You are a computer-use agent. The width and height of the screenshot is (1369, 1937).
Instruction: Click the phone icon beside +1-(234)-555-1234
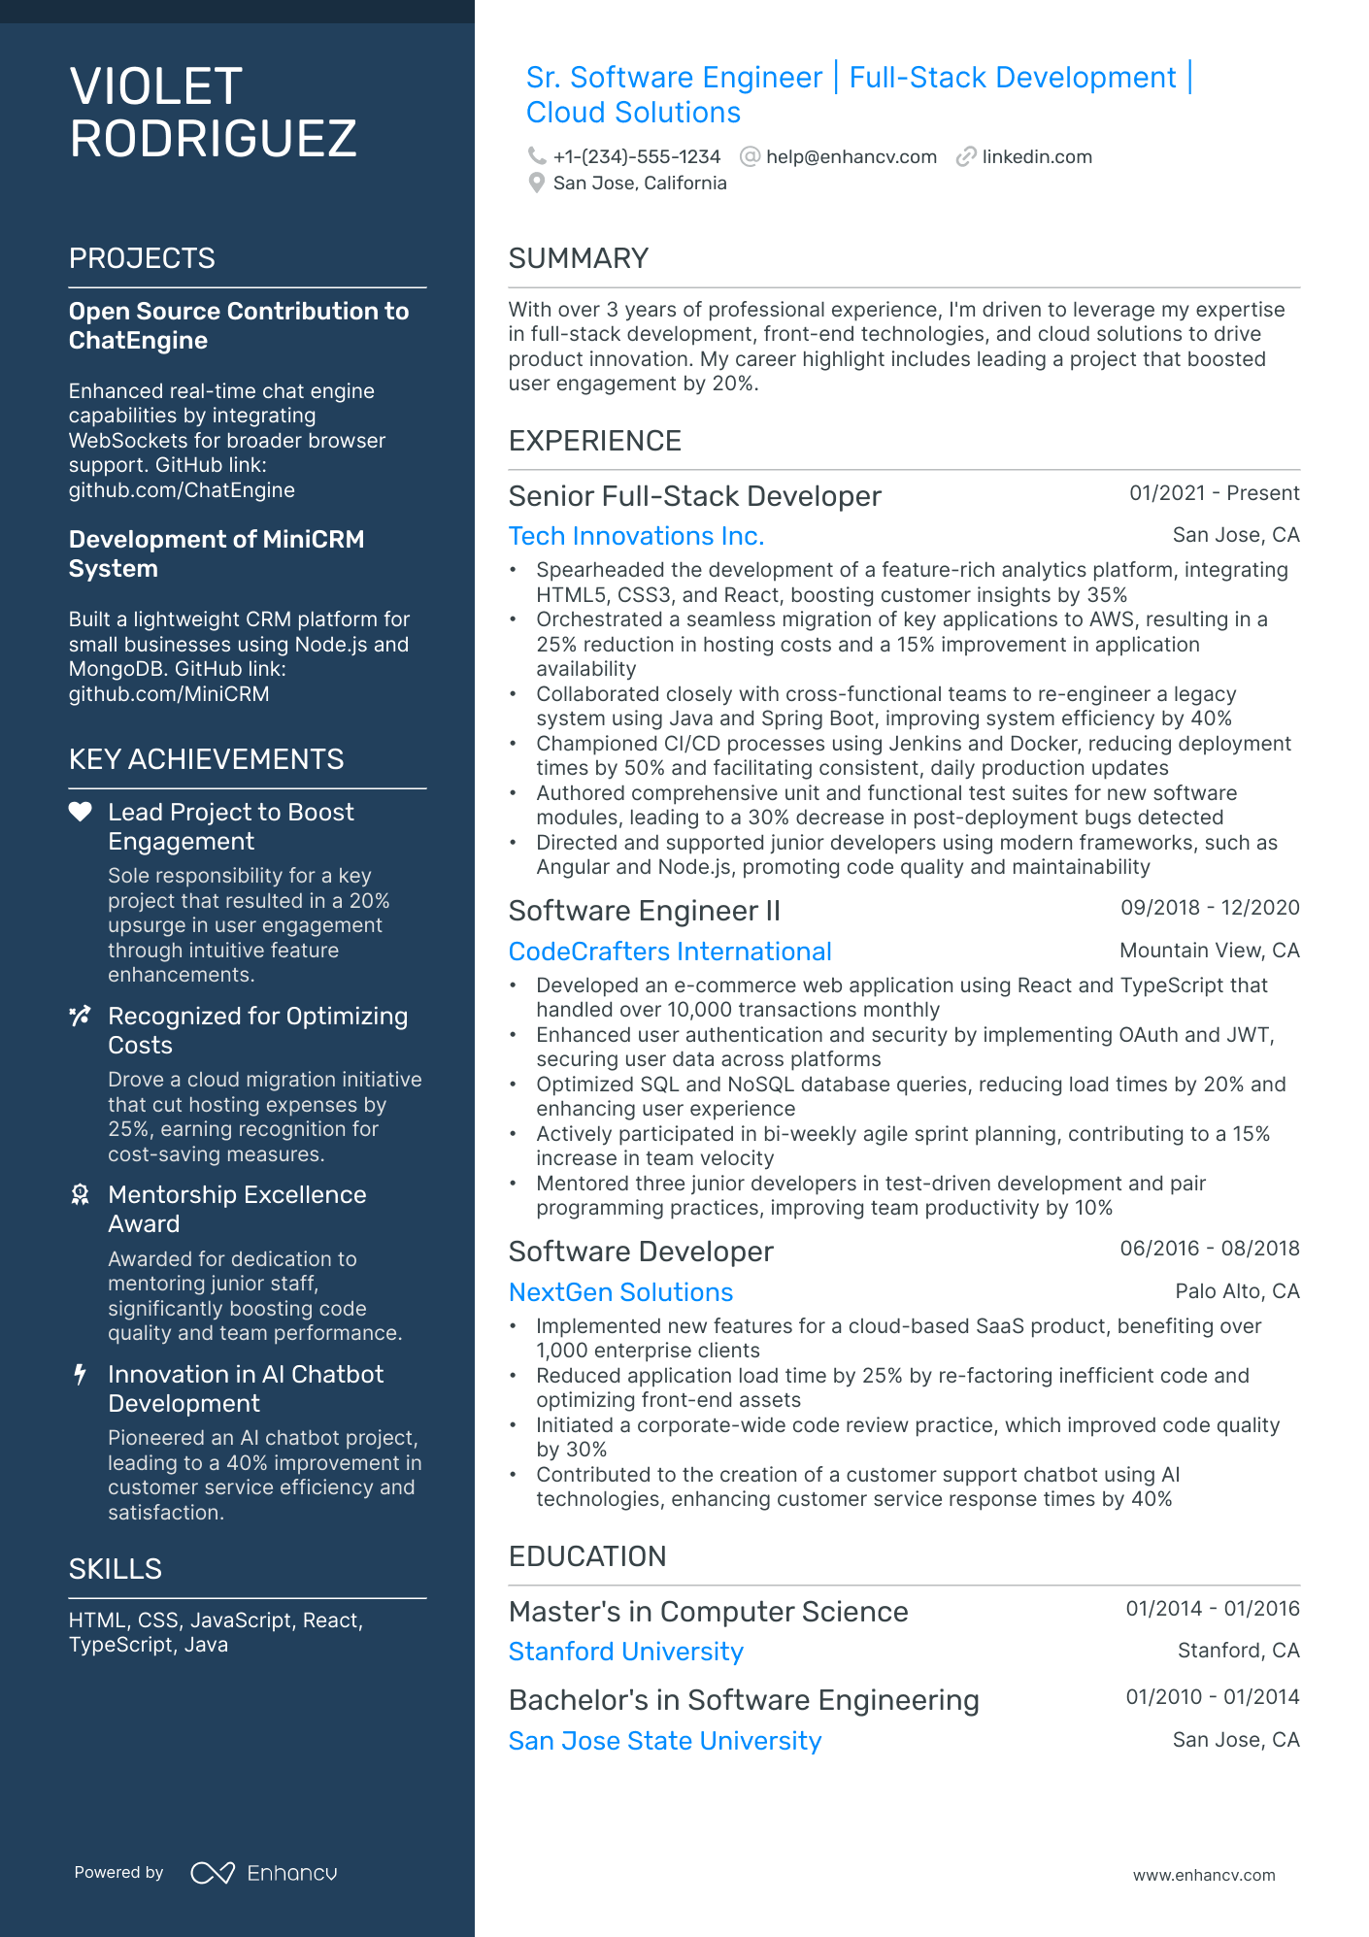pyautogui.click(x=536, y=156)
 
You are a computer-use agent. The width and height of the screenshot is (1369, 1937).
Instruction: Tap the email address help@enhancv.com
pyautogui.click(x=851, y=157)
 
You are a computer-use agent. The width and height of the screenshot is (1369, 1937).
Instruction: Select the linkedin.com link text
pyautogui.click(x=1036, y=157)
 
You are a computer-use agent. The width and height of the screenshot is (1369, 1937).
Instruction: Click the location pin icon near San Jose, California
pyautogui.click(x=536, y=183)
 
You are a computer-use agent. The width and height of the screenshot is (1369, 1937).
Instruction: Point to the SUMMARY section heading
pyautogui.click(x=578, y=258)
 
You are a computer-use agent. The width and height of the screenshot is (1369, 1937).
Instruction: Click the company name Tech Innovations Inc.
pyautogui.click(x=636, y=536)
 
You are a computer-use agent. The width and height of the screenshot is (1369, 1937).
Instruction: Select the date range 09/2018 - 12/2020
pyautogui.click(x=1209, y=908)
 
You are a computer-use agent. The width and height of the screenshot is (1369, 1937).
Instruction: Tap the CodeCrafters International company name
pyautogui.click(x=670, y=952)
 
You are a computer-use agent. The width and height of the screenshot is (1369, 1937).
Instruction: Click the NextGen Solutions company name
pyautogui.click(x=620, y=1292)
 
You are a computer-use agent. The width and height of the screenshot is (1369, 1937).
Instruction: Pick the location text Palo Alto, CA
pyautogui.click(x=1236, y=1291)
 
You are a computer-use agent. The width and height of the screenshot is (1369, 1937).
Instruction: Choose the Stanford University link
pyautogui.click(x=625, y=1652)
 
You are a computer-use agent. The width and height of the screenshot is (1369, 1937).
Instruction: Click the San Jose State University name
pyautogui.click(x=664, y=1741)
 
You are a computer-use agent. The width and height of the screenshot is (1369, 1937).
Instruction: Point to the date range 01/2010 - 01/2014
pyautogui.click(x=1212, y=1697)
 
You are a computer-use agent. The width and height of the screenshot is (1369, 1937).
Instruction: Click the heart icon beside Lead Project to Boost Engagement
pyautogui.click(x=80, y=812)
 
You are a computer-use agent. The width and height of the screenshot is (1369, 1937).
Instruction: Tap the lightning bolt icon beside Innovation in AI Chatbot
pyautogui.click(x=81, y=1374)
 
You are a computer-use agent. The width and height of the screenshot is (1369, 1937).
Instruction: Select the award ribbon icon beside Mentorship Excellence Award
pyautogui.click(x=81, y=1194)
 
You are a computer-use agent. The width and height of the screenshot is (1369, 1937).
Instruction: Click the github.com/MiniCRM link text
pyautogui.click(x=169, y=694)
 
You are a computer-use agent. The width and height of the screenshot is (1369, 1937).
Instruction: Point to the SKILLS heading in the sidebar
pyautogui.click(x=115, y=1569)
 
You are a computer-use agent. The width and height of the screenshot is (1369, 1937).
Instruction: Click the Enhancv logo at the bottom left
pyautogui.click(x=264, y=1873)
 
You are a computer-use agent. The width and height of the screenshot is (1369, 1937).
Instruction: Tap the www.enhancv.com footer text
pyautogui.click(x=1203, y=1876)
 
